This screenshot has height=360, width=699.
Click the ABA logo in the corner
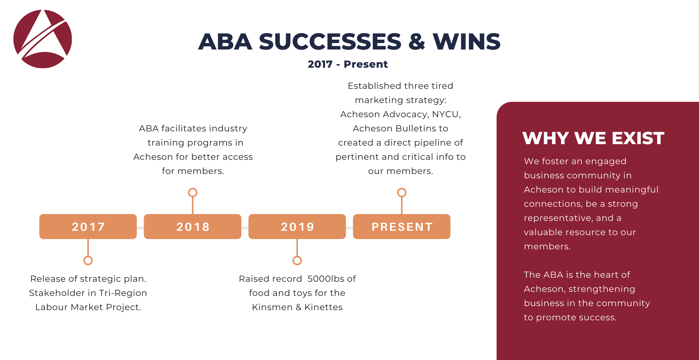[x=43, y=39]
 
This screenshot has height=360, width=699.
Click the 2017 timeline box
[x=88, y=226]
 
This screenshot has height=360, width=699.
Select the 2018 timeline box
[x=193, y=226]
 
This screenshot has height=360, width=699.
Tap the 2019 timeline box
[x=297, y=226]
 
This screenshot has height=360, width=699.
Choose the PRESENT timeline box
[x=402, y=226]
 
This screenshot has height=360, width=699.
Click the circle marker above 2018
[x=193, y=188]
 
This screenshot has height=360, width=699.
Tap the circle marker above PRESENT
[x=402, y=188]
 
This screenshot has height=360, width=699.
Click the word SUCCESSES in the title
[x=330, y=41]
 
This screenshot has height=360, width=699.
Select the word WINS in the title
[x=466, y=41]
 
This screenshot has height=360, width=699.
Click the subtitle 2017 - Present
[x=348, y=64]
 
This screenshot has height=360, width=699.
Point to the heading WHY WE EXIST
[x=593, y=138]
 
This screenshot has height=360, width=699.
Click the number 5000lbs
[x=326, y=279]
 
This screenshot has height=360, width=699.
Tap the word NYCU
[x=446, y=115]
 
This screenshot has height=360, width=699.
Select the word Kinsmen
[x=272, y=307]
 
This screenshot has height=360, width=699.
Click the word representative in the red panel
[x=557, y=218]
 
